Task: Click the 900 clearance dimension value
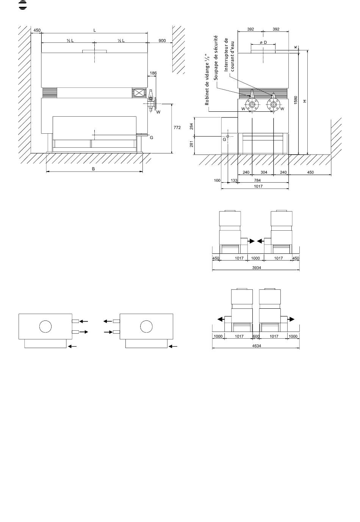pyautogui.click(x=162, y=41)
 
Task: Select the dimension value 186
pyautogui.click(x=153, y=73)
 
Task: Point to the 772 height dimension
pyautogui.click(x=177, y=128)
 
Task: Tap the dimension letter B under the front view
pyautogui.click(x=94, y=169)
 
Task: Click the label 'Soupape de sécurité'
pyautogui.click(x=216, y=57)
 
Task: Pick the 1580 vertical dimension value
pyautogui.click(x=296, y=100)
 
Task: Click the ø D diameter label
pyautogui.click(x=263, y=42)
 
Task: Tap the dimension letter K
pyautogui.click(x=296, y=47)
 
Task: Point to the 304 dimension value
pyautogui.click(x=263, y=172)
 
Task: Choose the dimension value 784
pyautogui.click(x=258, y=180)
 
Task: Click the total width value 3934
pyautogui.click(x=256, y=267)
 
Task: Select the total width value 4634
pyautogui.click(x=256, y=345)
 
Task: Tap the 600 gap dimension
pyautogui.click(x=256, y=336)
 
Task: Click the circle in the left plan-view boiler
pyautogui.click(x=45, y=326)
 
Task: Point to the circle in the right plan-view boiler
pyautogui.click(x=146, y=326)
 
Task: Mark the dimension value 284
pyautogui.click(x=191, y=126)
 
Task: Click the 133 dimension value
pyautogui.click(x=234, y=180)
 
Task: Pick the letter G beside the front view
pyautogui.click(x=151, y=138)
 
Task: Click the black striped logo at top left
pyautogui.click(x=23, y=5)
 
